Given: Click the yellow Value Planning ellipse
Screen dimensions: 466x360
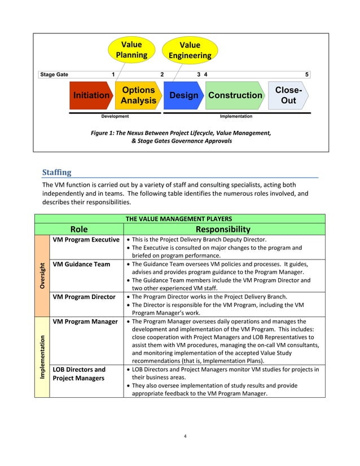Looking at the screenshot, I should [x=131, y=50].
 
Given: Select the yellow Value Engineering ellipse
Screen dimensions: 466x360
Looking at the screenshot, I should [x=189, y=50].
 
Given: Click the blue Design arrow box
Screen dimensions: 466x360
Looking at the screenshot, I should [x=183, y=95].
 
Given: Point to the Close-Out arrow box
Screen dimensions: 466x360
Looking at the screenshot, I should [x=288, y=95].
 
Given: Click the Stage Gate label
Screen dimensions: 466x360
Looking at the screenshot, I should [x=54, y=74].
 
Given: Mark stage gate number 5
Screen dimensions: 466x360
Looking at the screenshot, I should [x=307, y=74].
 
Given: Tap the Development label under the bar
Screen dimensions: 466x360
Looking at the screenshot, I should [x=115, y=116].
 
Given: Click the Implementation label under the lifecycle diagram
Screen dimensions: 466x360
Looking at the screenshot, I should [x=236, y=116].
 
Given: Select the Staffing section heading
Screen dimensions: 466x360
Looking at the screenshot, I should [x=57, y=172].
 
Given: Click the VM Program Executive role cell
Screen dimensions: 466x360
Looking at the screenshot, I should [x=86, y=240].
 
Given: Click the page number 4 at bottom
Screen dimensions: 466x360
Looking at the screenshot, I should [x=185, y=436].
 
